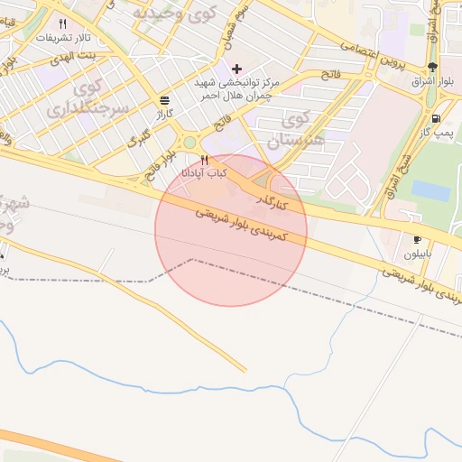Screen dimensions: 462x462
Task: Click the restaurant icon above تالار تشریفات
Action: tap(62, 24)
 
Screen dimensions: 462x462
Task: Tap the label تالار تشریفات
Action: tap(61, 39)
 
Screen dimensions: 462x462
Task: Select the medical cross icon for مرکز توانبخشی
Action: tap(237, 69)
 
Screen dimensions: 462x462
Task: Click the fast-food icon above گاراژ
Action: tap(163, 100)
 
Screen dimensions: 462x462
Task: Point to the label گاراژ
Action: tap(163, 115)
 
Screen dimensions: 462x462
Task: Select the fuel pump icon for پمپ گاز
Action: tap(437, 118)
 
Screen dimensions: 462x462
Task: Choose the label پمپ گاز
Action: tap(436, 133)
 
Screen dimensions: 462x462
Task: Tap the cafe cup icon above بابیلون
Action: tap(417, 240)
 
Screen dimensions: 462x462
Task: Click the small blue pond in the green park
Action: tap(431, 190)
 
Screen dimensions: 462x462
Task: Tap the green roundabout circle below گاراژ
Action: tap(189, 142)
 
